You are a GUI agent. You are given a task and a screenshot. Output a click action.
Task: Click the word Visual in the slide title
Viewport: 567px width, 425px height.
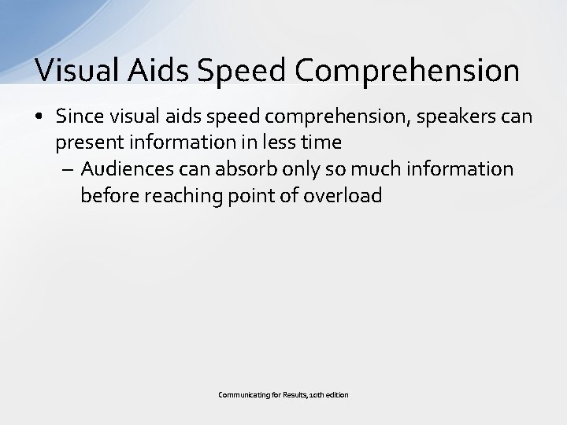(75, 70)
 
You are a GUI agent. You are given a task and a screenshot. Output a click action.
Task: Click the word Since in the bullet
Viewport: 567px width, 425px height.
(78, 116)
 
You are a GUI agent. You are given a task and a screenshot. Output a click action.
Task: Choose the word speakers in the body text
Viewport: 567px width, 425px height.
(459, 116)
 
